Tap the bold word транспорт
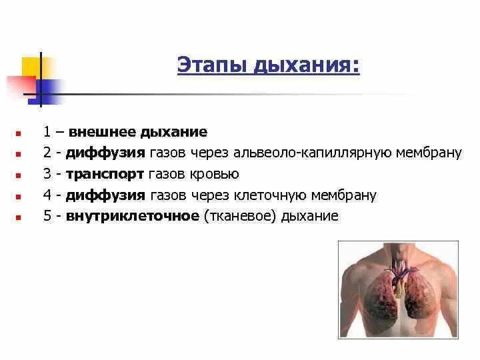(105, 174)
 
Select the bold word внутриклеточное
(132, 216)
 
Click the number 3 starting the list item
(47, 174)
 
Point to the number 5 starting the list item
(47, 216)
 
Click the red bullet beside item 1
(19, 133)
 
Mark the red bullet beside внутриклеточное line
(19, 217)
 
